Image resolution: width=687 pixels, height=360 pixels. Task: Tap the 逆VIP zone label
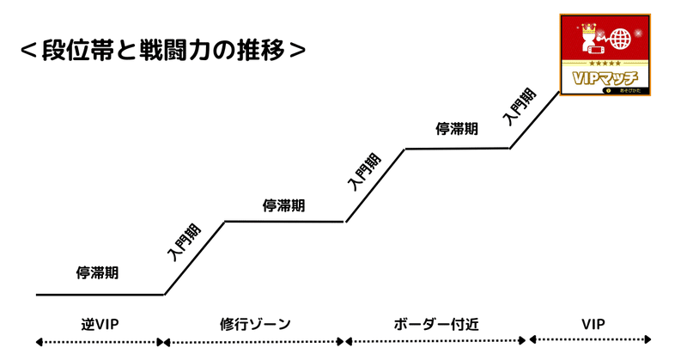coord(97,324)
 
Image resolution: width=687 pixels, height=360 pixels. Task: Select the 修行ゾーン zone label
coord(255,324)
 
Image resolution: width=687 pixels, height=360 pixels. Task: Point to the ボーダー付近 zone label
coord(435,324)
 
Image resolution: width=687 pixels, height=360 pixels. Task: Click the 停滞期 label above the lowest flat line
coord(97,273)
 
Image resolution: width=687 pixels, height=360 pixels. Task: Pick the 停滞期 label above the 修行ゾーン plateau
coord(283,205)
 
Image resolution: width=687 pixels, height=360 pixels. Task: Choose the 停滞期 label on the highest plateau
coord(457,129)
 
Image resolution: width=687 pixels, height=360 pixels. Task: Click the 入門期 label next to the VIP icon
coord(521,107)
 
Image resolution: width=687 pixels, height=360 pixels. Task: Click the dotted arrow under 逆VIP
coord(99,342)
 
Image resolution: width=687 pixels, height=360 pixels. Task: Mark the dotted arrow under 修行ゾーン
coord(255,342)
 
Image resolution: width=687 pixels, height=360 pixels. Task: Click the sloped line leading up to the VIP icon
coord(534,121)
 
